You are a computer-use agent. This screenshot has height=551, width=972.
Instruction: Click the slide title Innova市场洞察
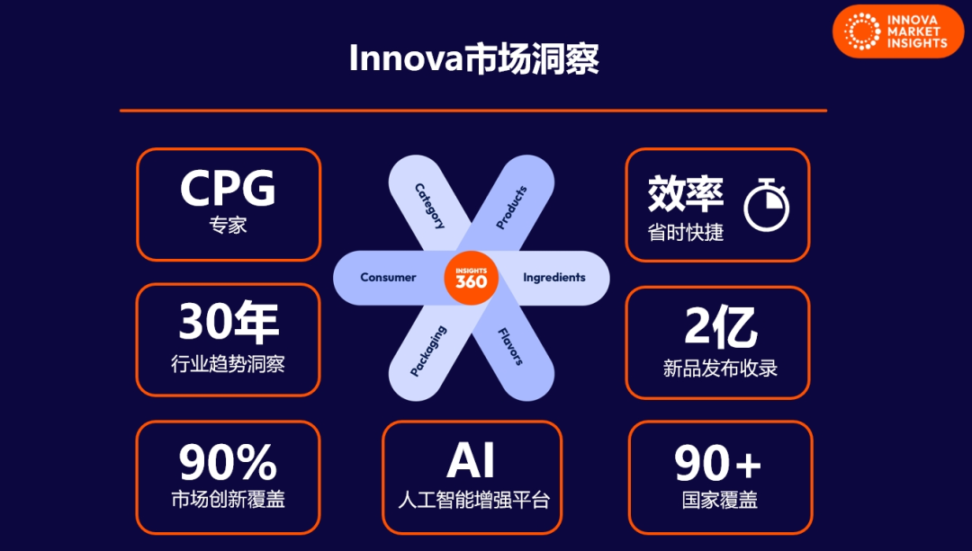(x=473, y=58)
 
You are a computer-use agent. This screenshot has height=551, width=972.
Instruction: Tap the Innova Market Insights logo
(x=897, y=31)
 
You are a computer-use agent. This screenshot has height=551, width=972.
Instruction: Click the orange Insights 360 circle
(x=471, y=278)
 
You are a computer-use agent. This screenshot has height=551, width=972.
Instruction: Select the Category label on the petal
(x=429, y=206)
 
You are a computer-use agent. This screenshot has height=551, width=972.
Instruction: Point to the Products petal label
(x=511, y=208)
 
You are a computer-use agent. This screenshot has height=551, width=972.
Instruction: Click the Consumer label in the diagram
(x=388, y=278)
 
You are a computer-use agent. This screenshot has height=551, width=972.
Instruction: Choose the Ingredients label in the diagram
(x=554, y=278)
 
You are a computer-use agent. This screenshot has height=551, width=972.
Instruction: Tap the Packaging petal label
(x=428, y=351)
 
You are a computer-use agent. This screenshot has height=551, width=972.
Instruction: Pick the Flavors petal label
(x=511, y=347)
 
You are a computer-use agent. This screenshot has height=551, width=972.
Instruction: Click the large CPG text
(x=228, y=188)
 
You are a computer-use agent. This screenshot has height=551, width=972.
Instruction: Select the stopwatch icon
(x=766, y=205)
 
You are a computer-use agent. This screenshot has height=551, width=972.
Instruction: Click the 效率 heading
(x=686, y=193)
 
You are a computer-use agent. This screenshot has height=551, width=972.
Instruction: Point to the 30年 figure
(x=229, y=323)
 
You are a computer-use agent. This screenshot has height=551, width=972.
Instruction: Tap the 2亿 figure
(x=721, y=327)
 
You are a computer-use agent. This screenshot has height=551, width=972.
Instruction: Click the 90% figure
(x=228, y=462)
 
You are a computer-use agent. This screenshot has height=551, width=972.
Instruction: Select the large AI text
(x=471, y=460)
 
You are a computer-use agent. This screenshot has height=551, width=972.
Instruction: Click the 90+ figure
(x=718, y=463)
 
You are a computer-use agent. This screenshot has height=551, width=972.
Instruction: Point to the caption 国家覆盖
(x=720, y=500)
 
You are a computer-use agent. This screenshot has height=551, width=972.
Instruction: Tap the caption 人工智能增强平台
(x=473, y=500)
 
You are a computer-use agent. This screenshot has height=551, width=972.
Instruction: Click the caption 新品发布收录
(x=720, y=369)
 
